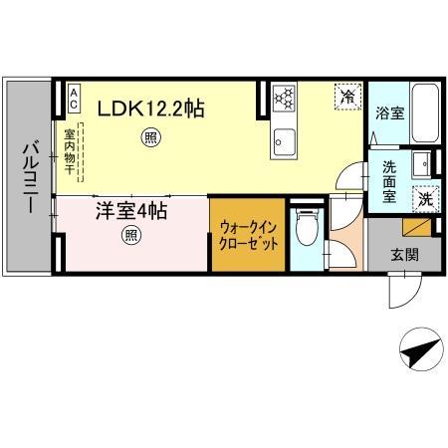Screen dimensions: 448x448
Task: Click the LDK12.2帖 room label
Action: pos(150,108)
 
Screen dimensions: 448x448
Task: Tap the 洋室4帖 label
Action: pos(130,212)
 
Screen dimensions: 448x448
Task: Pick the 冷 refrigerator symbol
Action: pos(347,97)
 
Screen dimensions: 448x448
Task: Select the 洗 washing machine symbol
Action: pos(424,198)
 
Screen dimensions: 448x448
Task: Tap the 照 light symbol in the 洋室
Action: pos(130,236)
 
